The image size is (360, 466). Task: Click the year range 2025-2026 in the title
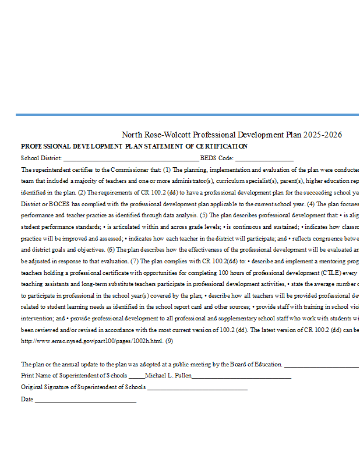323,135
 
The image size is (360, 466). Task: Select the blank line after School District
130,158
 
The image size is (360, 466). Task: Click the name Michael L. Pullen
167,376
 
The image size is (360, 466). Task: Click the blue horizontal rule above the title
187,115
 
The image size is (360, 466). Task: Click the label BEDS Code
217,158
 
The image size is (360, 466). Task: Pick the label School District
41,158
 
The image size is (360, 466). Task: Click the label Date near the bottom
27,400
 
